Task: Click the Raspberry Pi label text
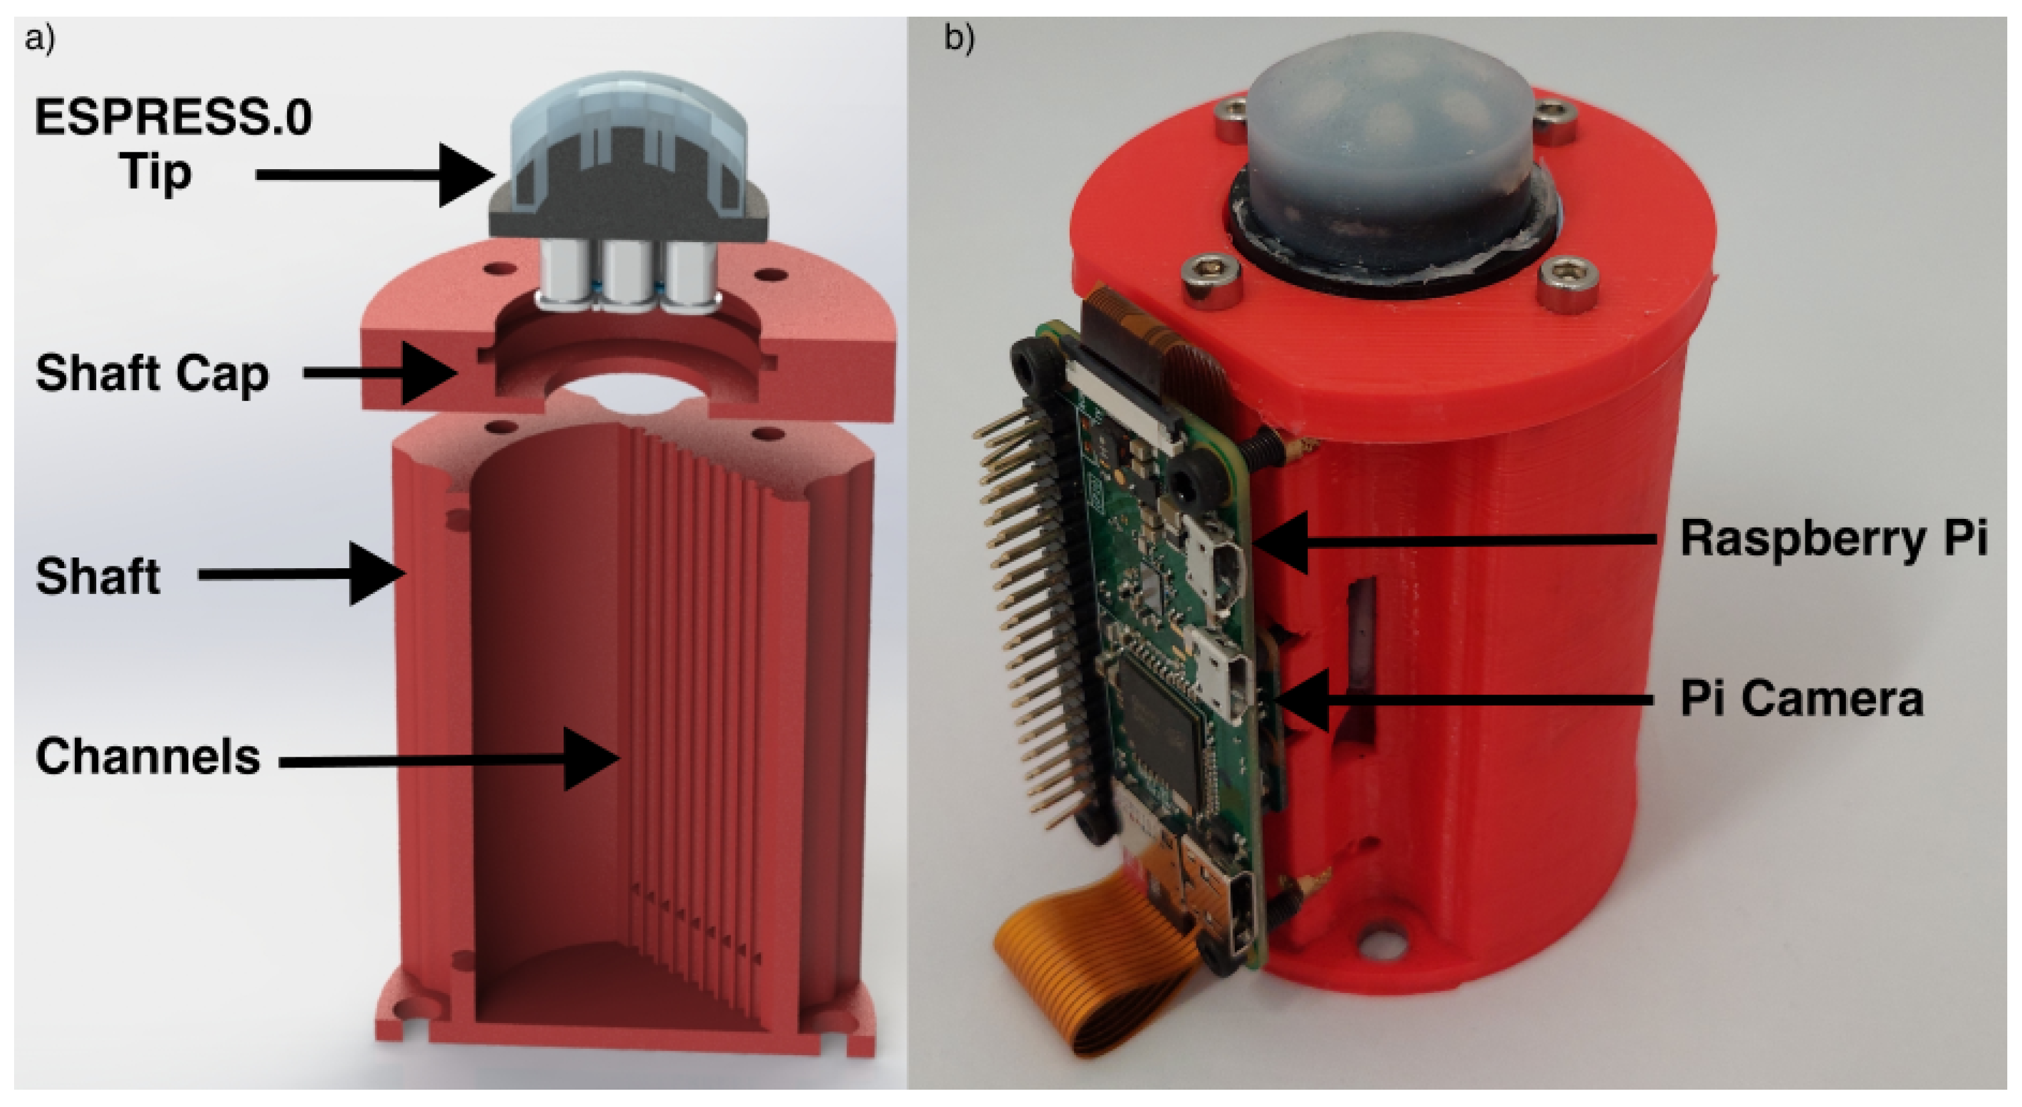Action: tap(1833, 539)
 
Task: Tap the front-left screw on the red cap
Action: tap(1212, 279)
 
